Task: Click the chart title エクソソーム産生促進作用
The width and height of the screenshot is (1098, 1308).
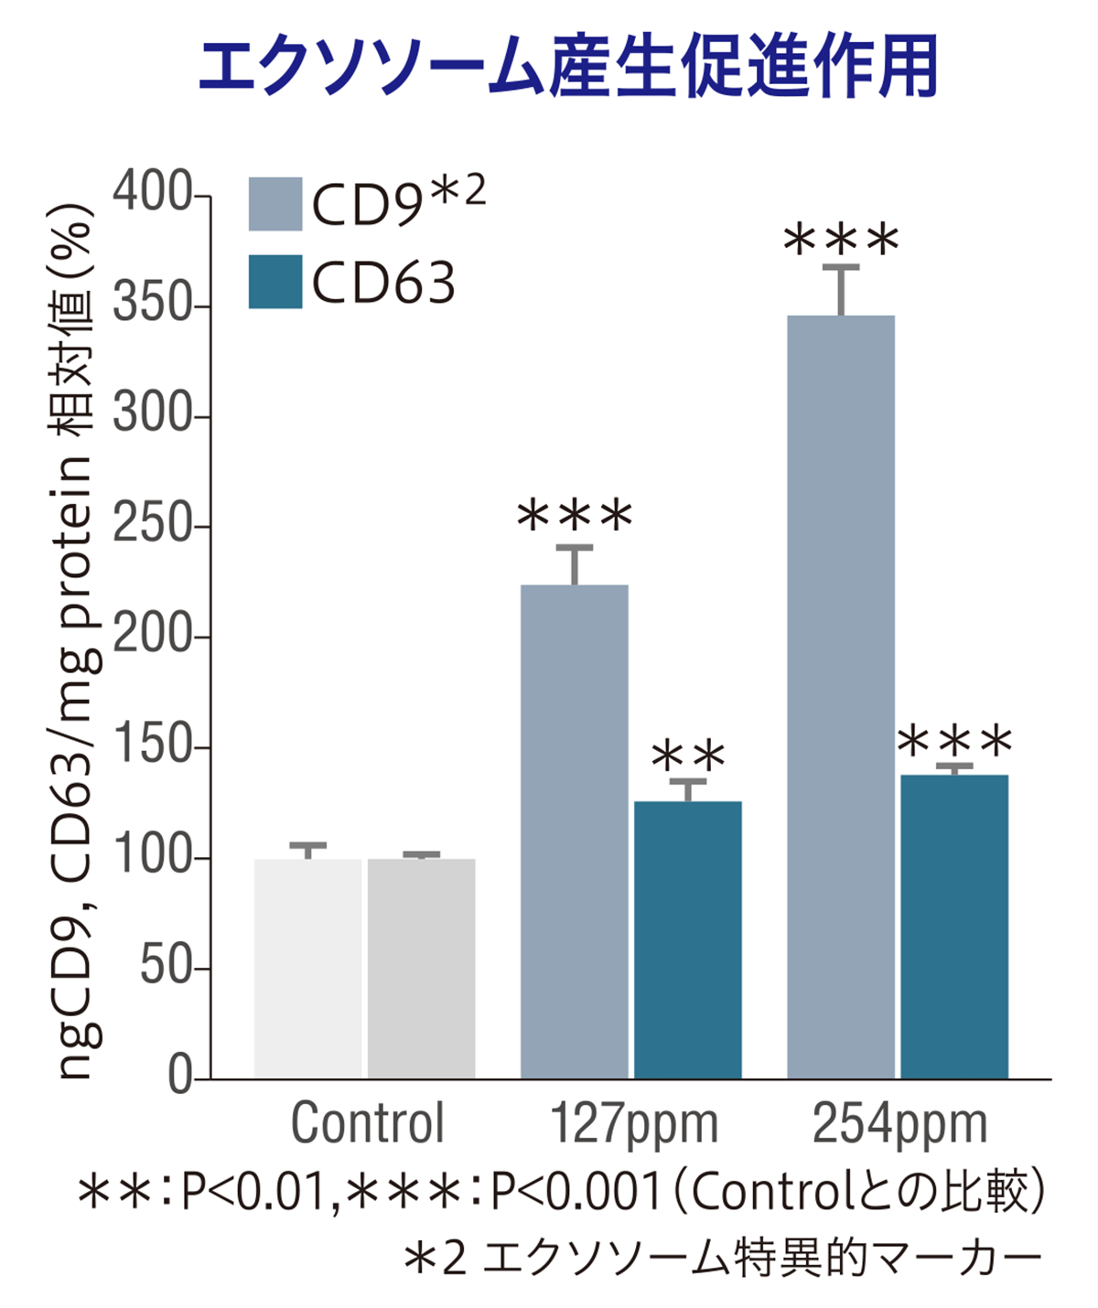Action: (x=568, y=69)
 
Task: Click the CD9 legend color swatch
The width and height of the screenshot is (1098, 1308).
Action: (x=274, y=204)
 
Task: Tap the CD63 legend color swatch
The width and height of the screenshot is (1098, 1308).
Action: (x=274, y=282)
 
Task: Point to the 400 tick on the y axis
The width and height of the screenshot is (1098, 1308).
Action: (x=151, y=194)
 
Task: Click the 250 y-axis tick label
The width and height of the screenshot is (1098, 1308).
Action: (x=151, y=526)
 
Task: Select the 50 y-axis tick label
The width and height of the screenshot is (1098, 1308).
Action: (x=165, y=968)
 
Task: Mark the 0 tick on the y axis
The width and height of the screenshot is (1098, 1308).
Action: (x=179, y=1077)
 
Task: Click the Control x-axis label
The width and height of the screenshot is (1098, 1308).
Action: (x=367, y=1123)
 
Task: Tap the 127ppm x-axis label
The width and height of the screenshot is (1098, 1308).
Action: (x=633, y=1123)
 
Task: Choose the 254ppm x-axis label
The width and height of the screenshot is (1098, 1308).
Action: (x=899, y=1123)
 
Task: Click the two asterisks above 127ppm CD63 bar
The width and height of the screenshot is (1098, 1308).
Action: (x=688, y=756)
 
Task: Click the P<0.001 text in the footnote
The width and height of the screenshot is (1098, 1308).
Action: (x=576, y=1191)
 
